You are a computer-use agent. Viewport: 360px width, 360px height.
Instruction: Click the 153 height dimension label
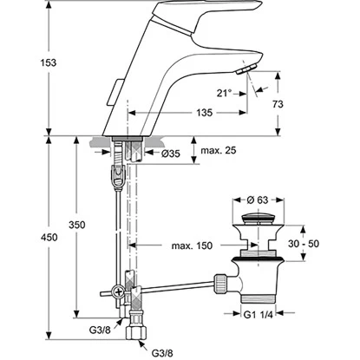click(49, 62)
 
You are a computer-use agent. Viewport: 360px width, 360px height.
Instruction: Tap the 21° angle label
click(224, 93)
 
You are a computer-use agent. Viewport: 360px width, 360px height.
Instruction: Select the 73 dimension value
click(278, 104)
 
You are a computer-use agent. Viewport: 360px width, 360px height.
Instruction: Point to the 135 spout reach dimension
click(205, 113)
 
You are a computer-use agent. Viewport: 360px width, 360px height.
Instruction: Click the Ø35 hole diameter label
click(170, 154)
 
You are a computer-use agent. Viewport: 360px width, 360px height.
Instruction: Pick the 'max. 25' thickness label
click(219, 150)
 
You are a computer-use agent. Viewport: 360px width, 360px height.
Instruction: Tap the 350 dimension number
click(77, 225)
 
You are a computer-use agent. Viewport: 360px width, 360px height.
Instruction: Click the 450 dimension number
click(49, 238)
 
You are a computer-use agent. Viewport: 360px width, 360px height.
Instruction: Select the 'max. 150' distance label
click(192, 245)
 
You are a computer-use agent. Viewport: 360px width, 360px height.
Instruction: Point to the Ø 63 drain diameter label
click(258, 200)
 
